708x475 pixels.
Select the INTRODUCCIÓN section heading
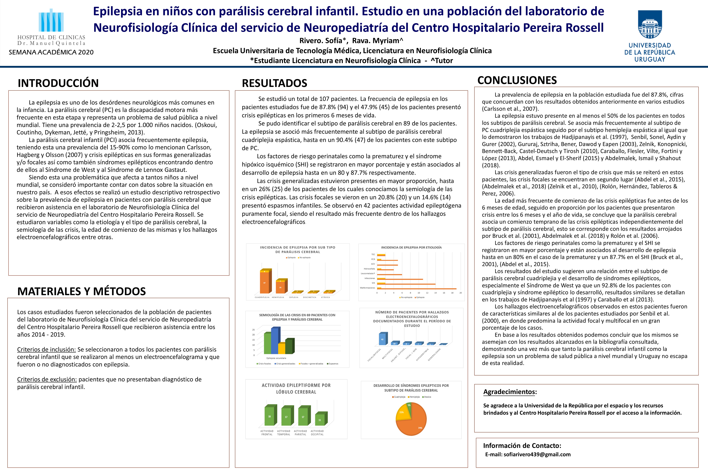[x=58, y=83]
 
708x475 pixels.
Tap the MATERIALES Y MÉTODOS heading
[x=82, y=291]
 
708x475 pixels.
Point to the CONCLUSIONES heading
[x=517, y=80]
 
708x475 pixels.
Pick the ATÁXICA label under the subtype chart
[x=325, y=297]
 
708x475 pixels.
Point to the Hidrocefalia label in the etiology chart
[x=369, y=269]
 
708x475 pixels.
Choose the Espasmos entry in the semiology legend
[x=333, y=364]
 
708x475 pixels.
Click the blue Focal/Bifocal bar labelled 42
[x=382, y=339]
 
